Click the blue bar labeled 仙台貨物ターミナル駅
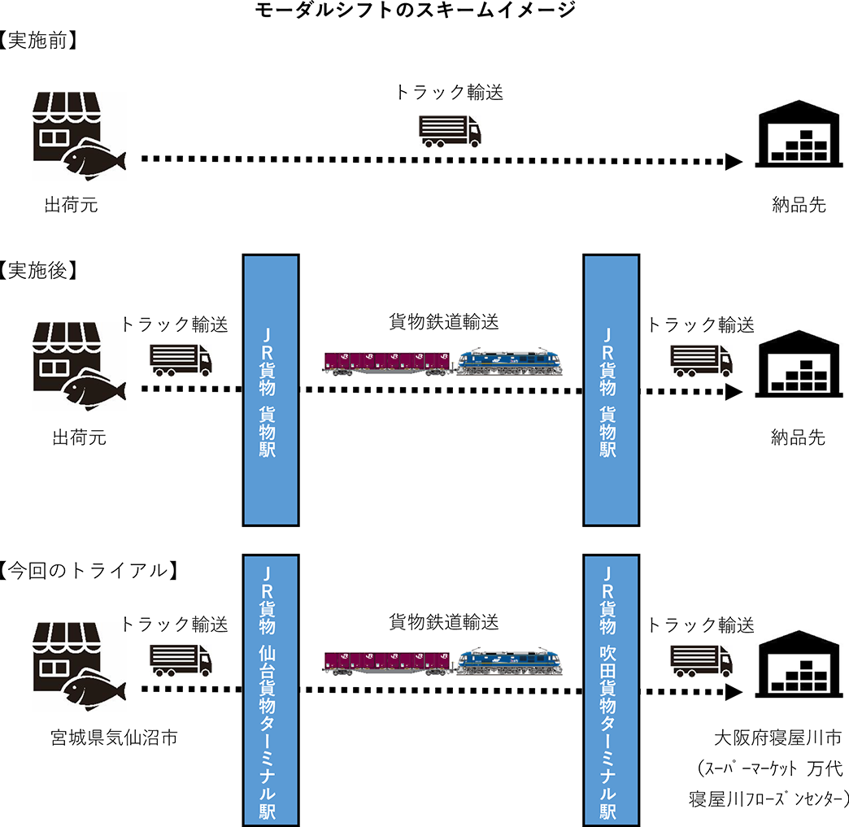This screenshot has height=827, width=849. [x=271, y=690]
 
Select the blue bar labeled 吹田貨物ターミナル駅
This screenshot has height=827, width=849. [x=612, y=690]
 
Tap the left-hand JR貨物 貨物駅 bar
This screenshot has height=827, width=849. [x=271, y=390]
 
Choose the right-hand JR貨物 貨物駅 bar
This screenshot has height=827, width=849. [x=612, y=390]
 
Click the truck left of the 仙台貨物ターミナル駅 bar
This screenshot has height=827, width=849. [x=176, y=656]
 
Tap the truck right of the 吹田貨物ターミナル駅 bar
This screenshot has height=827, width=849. [x=698, y=656]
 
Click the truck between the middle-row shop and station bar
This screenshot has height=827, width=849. [x=176, y=356]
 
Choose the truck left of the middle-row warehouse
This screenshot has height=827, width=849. [x=698, y=356]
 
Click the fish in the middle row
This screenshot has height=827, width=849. [x=93, y=391]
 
